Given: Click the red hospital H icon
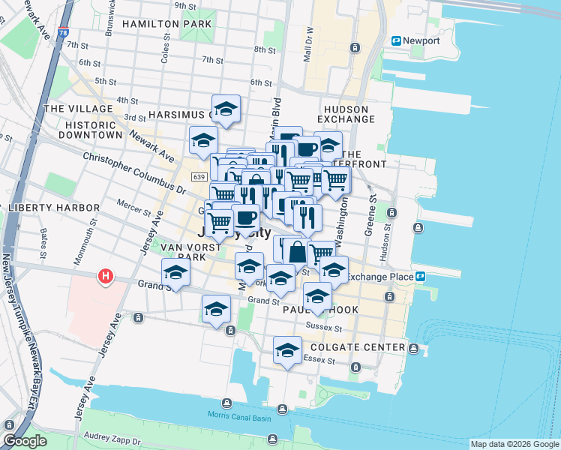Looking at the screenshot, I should (x=106, y=277).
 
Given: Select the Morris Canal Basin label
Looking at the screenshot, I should (x=238, y=416).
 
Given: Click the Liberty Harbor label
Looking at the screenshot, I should (x=53, y=207).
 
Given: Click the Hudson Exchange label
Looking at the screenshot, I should (x=346, y=114).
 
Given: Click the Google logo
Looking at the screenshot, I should (x=25, y=441).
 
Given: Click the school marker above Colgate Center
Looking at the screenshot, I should (x=287, y=350).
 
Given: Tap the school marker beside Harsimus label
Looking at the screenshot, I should (x=226, y=109).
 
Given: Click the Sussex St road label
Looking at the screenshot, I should (x=324, y=328).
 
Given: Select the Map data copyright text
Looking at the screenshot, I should (x=513, y=444).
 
